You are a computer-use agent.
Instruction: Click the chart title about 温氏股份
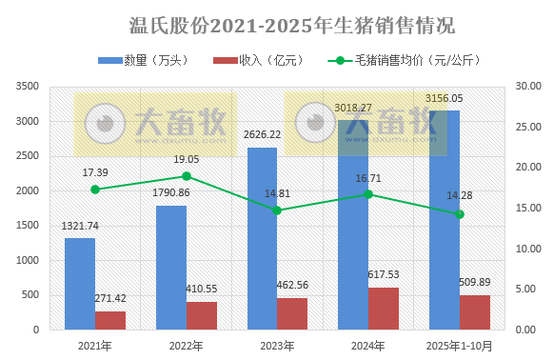click(278, 24)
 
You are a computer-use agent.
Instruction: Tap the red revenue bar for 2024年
click(384, 309)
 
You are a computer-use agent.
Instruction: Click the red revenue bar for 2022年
click(202, 315)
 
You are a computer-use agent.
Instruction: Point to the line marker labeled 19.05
click(187, 176)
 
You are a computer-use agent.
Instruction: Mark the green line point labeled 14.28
click(460, 214)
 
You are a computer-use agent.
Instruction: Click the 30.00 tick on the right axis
click(527, 87)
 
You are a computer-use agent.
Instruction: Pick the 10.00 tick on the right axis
click(527, 249)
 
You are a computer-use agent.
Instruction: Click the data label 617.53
click(384, 274)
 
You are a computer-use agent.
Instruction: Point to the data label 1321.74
click(80, 226)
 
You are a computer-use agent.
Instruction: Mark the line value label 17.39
click(95, 171)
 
